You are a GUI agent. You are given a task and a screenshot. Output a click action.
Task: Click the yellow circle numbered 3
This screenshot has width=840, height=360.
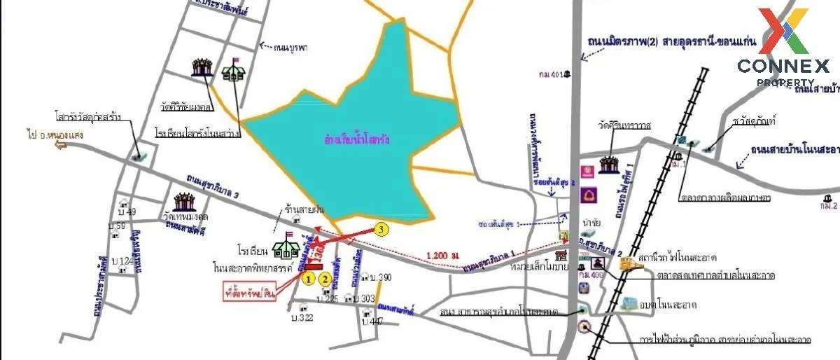point(380,229)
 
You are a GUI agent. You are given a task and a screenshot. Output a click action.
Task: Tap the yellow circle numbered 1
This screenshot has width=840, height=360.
point(308,278)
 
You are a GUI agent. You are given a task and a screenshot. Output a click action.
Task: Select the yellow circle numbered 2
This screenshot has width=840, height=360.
point(325,278)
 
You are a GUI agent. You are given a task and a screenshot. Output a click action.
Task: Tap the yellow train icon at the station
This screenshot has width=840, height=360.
point(628,263)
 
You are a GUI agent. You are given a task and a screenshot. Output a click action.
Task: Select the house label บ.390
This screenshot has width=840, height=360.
point(380,277)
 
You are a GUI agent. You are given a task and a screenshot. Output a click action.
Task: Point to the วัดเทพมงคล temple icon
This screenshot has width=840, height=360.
point(185,202)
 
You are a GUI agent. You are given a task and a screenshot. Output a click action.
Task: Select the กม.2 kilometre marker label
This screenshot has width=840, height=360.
point(829,206)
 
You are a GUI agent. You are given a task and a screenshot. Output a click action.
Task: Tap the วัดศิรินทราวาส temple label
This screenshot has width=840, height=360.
point(622,125)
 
